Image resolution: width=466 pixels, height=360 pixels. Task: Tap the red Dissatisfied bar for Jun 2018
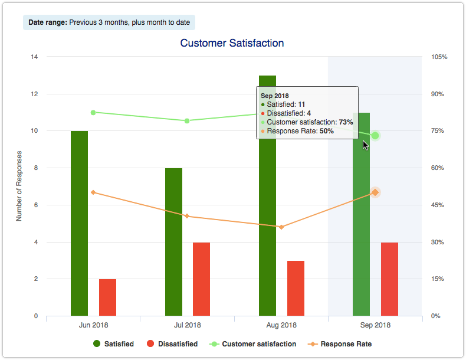click(x=107, y=297)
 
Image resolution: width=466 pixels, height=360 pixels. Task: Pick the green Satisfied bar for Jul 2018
click(x=173, y=242)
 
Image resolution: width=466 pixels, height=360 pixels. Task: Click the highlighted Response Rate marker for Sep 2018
click(x=375, y=192)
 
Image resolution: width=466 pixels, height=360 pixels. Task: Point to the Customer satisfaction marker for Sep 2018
click(x=375, y=136)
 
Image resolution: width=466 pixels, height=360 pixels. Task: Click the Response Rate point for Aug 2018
click(x=281, y=227)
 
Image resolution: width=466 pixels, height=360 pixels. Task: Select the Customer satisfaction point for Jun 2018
click(x=93, y=112)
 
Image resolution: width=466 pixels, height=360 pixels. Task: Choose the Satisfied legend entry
click(x=113, y=343)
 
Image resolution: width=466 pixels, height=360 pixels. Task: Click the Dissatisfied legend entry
click(x=170, y=343)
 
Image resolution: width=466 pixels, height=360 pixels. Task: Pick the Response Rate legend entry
click(x=339, y=343)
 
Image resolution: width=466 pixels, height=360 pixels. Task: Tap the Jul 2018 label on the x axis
click(x=187, y=325)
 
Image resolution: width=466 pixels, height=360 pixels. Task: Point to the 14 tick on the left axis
click(x=34, y=57)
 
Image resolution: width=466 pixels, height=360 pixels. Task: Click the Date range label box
click(x=109, y=22)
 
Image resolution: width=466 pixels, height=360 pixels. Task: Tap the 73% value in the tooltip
click(x=346, y=122)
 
